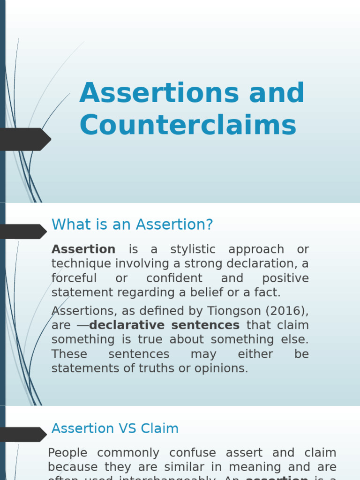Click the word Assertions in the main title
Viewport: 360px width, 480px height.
point(159,93)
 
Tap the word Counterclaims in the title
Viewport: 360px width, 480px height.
point(188,126)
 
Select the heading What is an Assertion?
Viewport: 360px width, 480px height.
point(132,225)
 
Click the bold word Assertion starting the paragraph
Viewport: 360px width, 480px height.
point(83,249)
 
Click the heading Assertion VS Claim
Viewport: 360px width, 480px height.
point(115,428)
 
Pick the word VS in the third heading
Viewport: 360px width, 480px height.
point(127,428)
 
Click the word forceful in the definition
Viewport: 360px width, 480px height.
point(74,278)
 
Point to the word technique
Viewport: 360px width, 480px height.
point(82,264)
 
